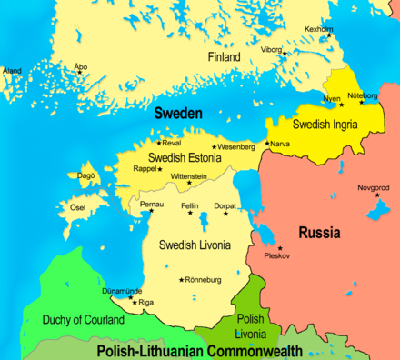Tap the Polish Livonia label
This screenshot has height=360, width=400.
tap(250, 325)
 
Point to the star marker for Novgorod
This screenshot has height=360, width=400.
tap(374, 196)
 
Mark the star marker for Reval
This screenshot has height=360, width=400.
tap(159, 143)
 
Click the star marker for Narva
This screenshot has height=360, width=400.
tap(266, 143)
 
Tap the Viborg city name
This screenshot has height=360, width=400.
tap(272, 49)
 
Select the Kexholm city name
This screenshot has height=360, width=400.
tap(318, 29)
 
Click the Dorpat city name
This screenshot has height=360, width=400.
tap(225, 206)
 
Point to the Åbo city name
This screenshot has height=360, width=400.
tap(80, 65)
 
